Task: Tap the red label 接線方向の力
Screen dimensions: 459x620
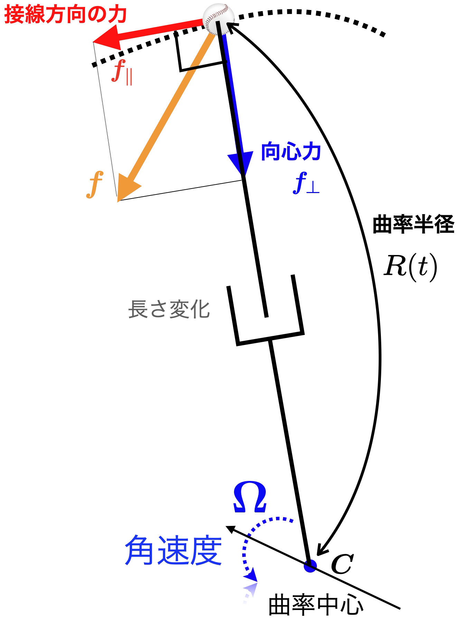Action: click(x=66, y=15)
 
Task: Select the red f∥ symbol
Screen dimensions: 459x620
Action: click(x=122, y=72)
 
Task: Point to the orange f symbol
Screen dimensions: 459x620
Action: click(x=94, y=184)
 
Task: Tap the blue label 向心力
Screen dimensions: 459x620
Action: click(x=291, y=152)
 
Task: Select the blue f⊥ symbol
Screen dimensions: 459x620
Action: click(x=306, y=183)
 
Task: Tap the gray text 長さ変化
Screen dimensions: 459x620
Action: click(x=169, y=309)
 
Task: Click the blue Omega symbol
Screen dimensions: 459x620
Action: click(x=250, y=496)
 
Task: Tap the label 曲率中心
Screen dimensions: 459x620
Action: click(x=316, y=605)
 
